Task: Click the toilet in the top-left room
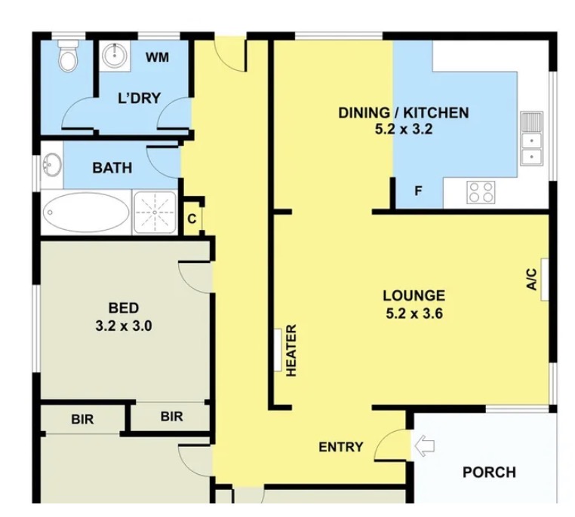(68, 56)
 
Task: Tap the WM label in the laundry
(157, 57)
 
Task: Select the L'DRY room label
(140, 98)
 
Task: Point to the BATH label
(112, 168)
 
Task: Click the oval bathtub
(86, 213)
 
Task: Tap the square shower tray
(155, 213)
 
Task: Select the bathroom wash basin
(52, 165)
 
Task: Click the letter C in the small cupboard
(192, 219)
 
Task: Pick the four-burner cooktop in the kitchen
(481, 192)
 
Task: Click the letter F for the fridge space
(418, 191)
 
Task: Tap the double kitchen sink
(531, 139)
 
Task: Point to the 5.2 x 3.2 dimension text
(404, 130)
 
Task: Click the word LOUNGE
(414, 295)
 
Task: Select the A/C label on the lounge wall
(532, 280)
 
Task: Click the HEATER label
(291, 350)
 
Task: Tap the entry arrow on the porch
(424, 445)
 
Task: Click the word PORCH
(489, 473)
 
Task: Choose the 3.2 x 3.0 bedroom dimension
(124, 326)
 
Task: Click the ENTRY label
(341, 447)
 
